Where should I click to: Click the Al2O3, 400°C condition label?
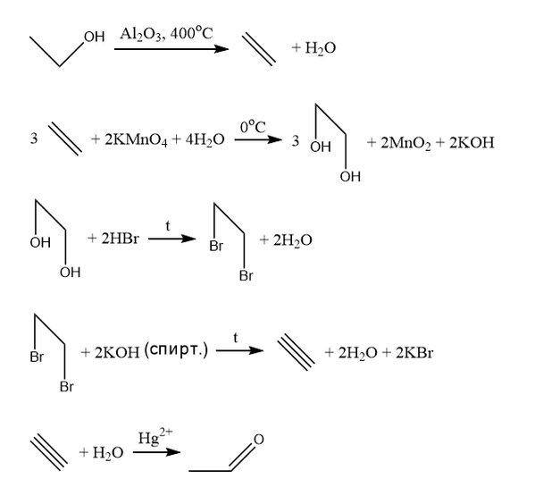[166, 34]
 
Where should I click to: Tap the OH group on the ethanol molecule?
[94, 37]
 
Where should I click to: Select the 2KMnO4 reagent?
[136, 140]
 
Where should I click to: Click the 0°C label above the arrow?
[253, 127]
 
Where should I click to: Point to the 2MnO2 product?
[405, 143]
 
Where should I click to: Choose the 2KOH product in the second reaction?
[472, 143]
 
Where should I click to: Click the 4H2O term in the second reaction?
[205, 140]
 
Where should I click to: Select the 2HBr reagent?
[120, 239]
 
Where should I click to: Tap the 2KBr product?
[414, 352]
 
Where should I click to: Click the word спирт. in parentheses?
[175, 350]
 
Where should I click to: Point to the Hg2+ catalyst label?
[155, 437]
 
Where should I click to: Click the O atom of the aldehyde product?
[259, 440]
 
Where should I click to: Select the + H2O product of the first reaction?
[313, 47]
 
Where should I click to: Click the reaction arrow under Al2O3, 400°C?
[171, 49]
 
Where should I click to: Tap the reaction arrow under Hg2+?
[156, 452]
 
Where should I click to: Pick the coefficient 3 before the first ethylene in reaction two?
[34, 139]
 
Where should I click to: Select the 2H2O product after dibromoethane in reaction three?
[292, 240]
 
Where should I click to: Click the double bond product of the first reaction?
[259, 49]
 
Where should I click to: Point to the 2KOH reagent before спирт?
[117, 353]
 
